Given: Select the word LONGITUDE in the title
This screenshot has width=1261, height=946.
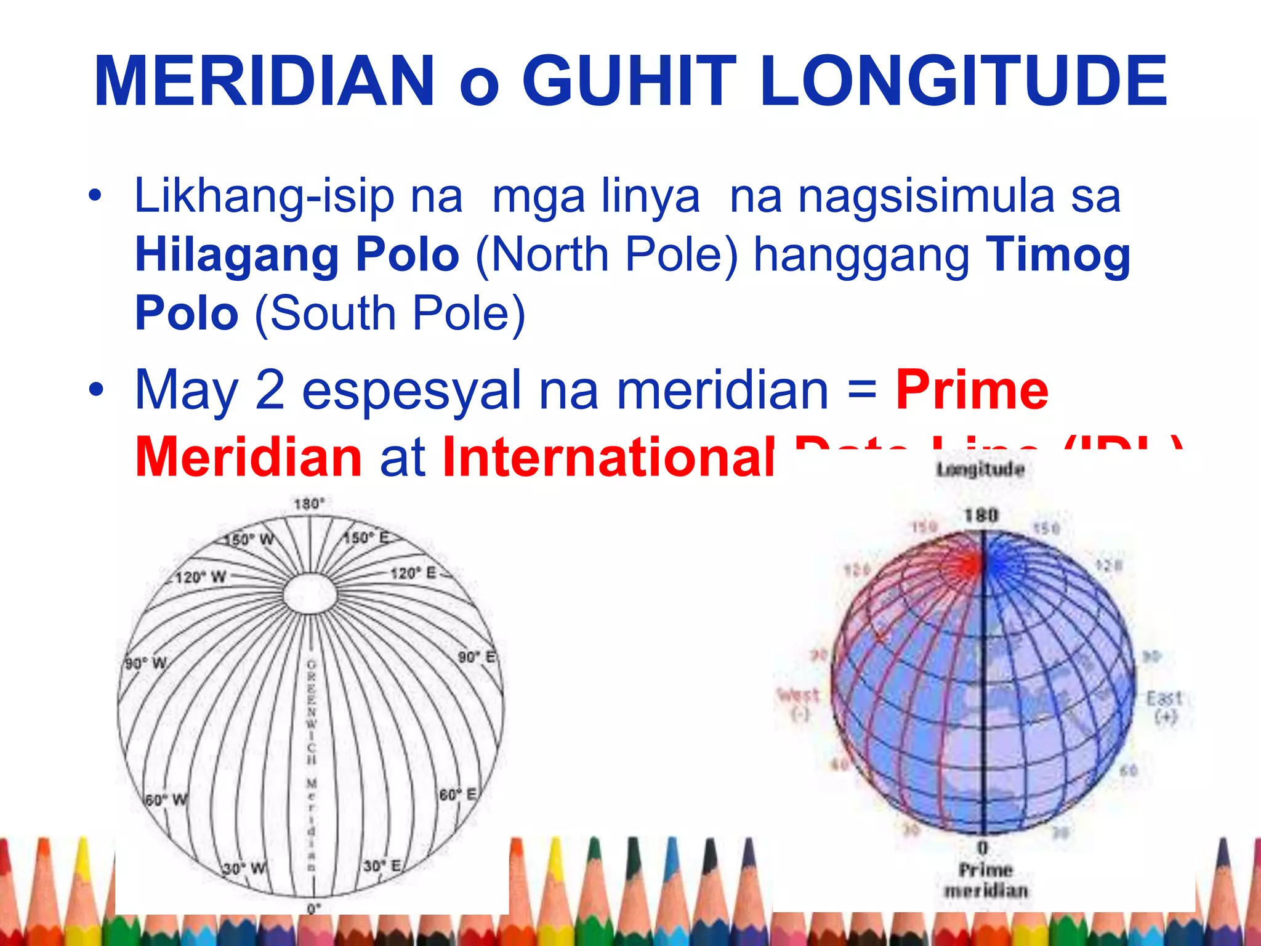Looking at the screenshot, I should pos(963,81).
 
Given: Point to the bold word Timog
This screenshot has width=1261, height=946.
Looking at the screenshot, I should pos(1058,256).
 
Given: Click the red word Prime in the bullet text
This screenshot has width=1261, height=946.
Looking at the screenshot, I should pos(972,390).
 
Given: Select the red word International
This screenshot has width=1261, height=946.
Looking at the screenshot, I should pos(608,457).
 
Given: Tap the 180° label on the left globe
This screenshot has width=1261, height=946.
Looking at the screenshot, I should pos(309,504).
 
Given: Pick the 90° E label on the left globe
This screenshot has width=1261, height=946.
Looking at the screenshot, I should pos(477,657).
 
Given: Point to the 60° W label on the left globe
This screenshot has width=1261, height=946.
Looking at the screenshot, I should pos(166,800).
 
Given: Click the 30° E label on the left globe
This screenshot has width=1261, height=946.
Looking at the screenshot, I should pos(382,866).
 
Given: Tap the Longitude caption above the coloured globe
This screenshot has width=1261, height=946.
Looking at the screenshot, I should pos(980,470).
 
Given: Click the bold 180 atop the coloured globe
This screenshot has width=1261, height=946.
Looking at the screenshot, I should pos(981,515).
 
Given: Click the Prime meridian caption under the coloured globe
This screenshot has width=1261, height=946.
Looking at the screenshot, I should pos(986,879).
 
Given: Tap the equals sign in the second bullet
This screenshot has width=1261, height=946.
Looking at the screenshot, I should pos(862,390).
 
